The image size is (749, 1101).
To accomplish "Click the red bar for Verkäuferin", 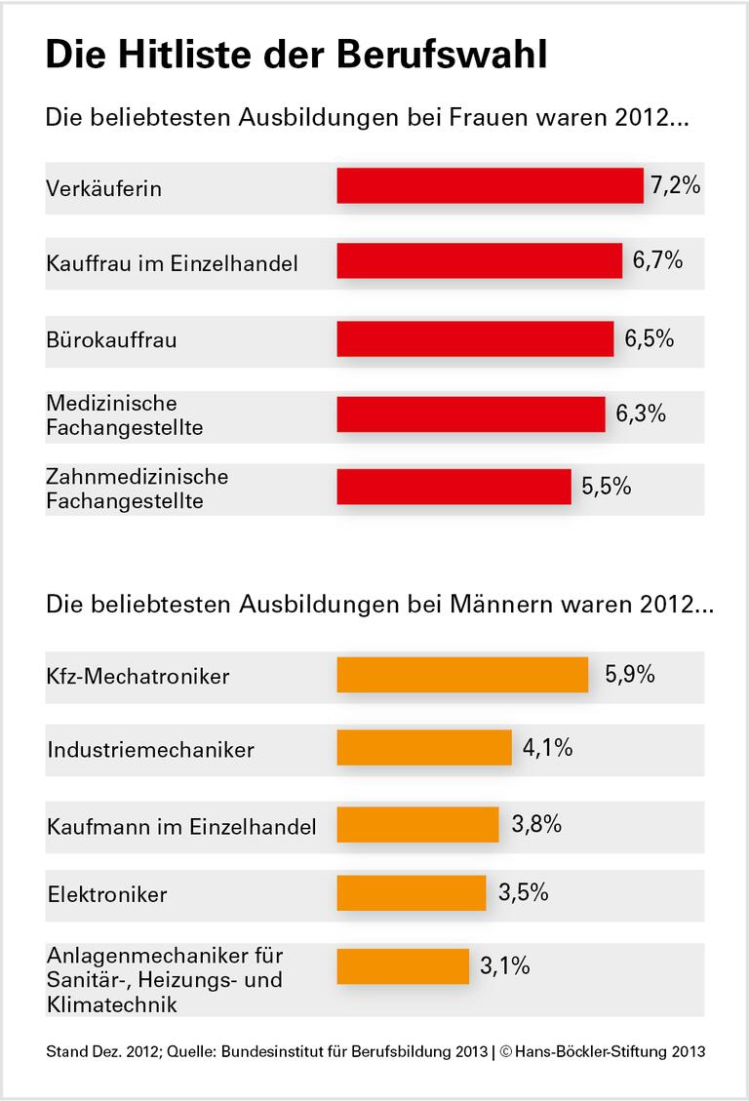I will coord(490,185).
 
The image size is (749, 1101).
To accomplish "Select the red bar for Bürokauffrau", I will coord(475,338).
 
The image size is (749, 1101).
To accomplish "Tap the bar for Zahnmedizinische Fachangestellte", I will coord(453,487).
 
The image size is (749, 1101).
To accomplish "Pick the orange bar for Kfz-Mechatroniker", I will coord(462,675).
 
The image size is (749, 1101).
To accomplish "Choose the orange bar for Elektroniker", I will coord(411,892).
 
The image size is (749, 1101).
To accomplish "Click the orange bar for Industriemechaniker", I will coord(424,748).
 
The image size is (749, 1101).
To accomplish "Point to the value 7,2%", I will coord(676,185).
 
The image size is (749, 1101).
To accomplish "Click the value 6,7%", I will coord(657,260).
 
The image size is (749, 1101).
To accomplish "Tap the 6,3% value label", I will coord(640,413).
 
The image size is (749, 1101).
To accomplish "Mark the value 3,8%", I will coord(536,824).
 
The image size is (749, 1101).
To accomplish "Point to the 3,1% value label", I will coord(505,966).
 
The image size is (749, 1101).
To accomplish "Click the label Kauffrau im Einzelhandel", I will coord(172,263).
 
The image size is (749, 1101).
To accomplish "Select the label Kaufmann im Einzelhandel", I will coord(181,827).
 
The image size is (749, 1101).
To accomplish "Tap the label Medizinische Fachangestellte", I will coord(125,414).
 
